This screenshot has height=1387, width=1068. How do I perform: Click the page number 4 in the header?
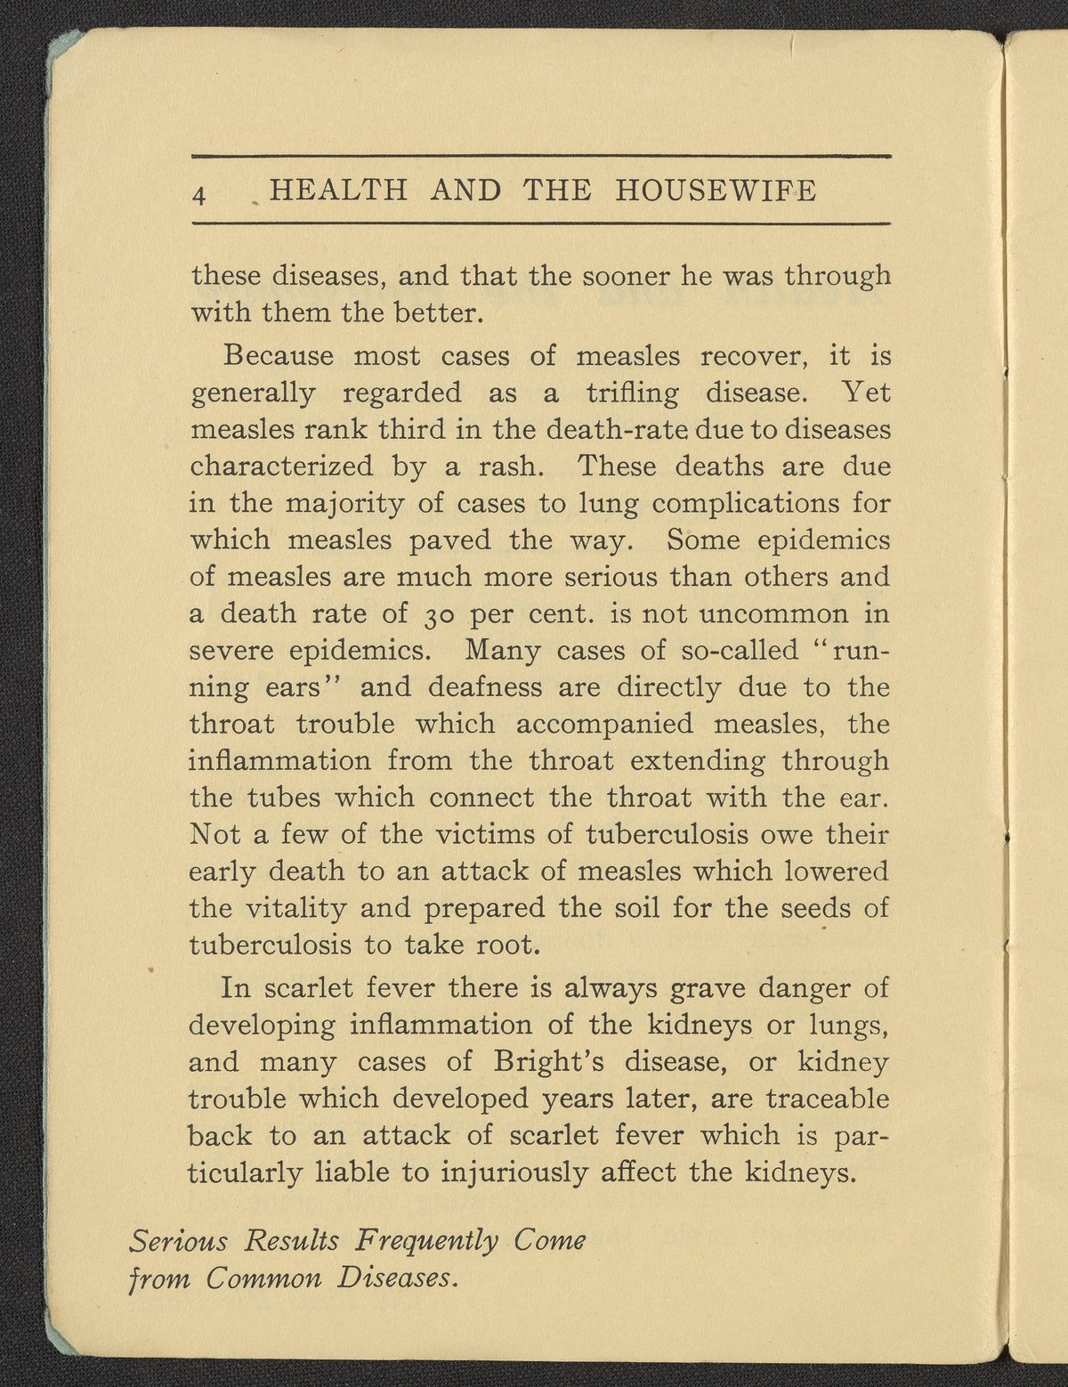coord(200,193)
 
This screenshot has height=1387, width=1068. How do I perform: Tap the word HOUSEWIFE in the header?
coord(715,191)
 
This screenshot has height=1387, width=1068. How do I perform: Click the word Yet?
coord(865,393)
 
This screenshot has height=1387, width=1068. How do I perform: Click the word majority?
coord(344,505)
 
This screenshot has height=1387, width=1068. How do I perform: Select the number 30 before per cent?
coord(436,615)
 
